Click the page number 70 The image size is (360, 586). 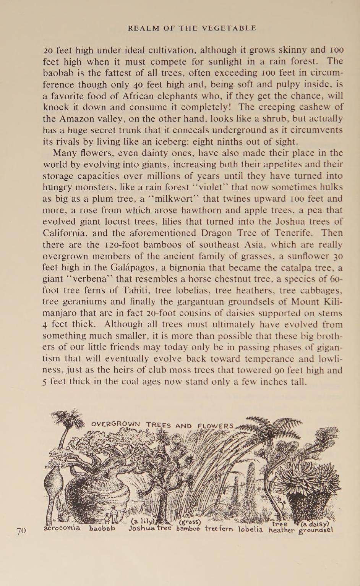pyautogui.click(x=21, y=530)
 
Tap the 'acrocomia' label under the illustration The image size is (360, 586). pyautogui.click(x=62, y=528)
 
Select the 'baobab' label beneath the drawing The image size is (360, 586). pyautogui.click(x=102, y=529)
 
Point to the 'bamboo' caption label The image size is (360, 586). pyautogui.click(x=188, y=529)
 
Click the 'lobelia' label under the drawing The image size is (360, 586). pyautogui.click(x=251, y=529)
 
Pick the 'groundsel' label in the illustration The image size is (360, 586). pyautogui.click(x=316, y=530)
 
